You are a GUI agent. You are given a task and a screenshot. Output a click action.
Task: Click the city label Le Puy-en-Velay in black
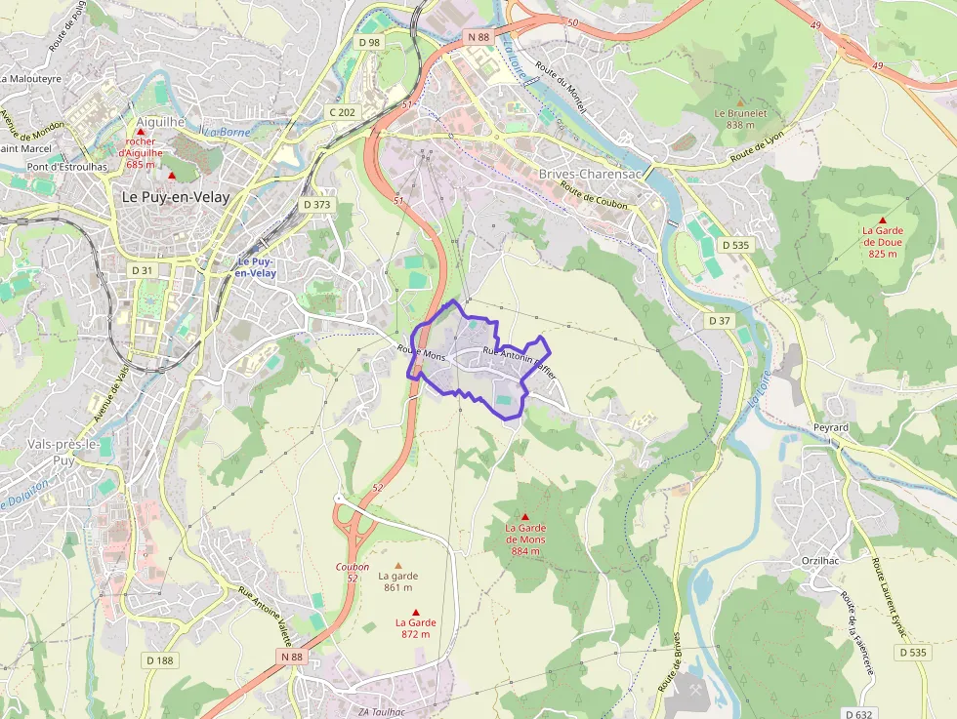point(176,197)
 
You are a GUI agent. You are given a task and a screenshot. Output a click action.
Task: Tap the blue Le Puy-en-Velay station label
point(256,268)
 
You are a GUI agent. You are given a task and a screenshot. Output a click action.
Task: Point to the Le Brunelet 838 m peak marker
point(740,101)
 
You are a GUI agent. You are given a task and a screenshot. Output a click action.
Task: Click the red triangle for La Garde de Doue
point(883,220)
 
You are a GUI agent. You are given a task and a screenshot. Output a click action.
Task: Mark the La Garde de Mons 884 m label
point(524,539)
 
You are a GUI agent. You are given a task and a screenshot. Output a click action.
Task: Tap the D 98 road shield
point(369,42)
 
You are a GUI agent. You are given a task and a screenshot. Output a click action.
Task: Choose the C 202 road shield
point(343,112)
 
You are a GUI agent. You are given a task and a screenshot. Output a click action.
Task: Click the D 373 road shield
point(317,205)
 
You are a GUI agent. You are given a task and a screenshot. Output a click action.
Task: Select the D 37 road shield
point(720,321)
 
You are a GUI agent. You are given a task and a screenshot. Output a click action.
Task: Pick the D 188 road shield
point(160,660)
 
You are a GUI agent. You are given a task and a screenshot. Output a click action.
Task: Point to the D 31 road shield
point(142,270)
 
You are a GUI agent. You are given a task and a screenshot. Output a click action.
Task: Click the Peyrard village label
point(831,428)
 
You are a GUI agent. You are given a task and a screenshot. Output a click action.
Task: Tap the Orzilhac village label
point(820,561)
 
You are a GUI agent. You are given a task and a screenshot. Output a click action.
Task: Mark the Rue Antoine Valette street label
point(266,616)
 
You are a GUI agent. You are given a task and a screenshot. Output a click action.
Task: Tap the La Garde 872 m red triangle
point(416,613)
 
